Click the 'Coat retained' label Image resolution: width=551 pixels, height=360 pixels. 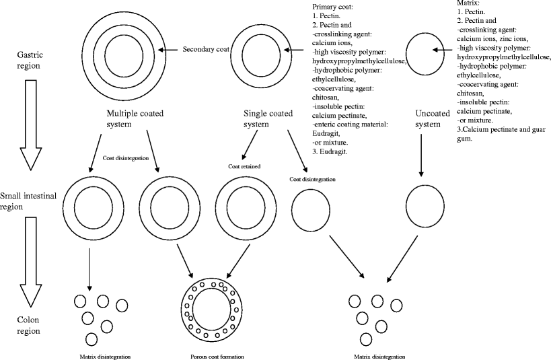(244, 166)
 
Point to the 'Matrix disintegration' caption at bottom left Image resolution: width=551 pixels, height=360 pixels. (103, 356)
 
